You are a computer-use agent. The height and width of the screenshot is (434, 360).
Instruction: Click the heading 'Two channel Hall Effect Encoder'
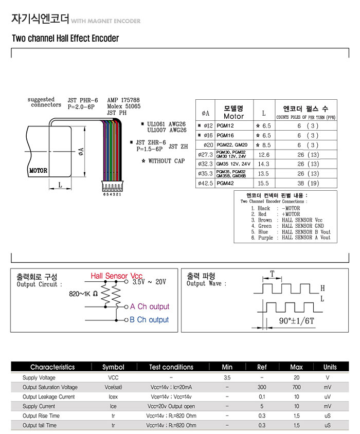tap(65, 38)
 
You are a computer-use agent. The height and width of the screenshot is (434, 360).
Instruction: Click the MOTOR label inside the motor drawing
tap(38, 171)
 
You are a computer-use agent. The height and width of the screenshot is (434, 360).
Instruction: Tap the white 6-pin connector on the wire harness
tap(112, 186)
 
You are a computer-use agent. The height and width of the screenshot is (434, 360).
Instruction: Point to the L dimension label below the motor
tap(60, 185)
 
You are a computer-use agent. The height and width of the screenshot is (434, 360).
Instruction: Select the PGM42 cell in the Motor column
tap(225, 183)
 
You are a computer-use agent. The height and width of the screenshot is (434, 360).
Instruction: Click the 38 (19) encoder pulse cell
tap(308, 183)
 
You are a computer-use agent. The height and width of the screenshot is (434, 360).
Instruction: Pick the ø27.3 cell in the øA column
tap(206, 154)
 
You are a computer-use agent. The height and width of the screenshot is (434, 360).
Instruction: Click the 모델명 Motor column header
tap(233, 112)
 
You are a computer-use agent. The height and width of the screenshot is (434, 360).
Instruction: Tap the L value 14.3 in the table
tap(263, 164)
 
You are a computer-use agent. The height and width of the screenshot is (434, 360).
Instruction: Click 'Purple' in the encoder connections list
tap(265, 238)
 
